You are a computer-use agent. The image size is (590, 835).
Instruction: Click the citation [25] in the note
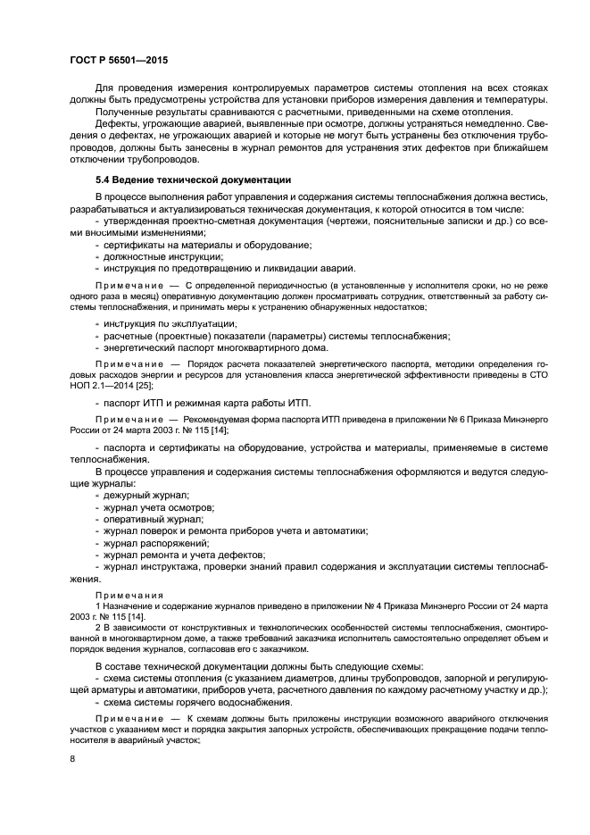pyautogui.click(x=157, y=388)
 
